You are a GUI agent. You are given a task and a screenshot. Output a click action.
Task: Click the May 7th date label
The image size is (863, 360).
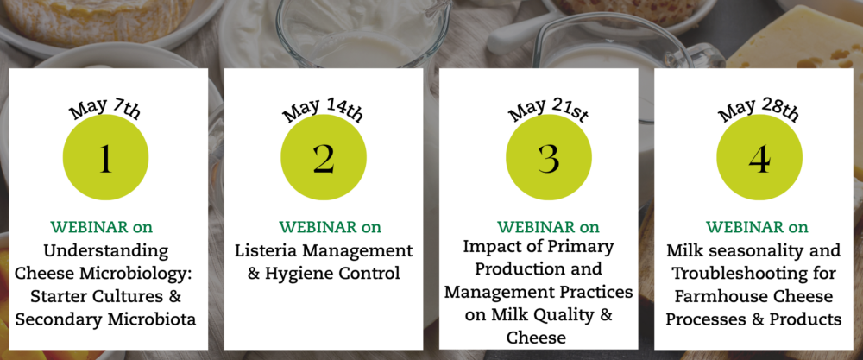click(x=104, y=110)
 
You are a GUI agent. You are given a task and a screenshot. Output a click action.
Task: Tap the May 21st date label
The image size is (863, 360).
click(x=548, y=110)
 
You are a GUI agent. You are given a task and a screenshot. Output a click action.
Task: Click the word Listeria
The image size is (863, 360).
click(x=266, y=251)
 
